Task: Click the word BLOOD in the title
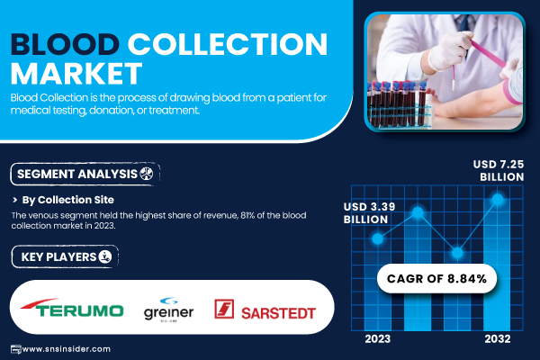pos(65,44)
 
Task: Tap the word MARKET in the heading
pos(76,74)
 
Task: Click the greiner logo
pos(168,310)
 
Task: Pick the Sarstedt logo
pos(265,309)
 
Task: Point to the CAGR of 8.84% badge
pos(436,278)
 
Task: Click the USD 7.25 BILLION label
pos(499,170)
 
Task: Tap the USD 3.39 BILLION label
pos(369,213)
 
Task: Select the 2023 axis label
pos(378,339)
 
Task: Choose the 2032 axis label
pos(498,339)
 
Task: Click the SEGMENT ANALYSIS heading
pos(77,174)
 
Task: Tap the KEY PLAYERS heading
pos(58,257)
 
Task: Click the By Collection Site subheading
pos(67,200)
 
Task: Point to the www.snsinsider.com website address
pos(66,349)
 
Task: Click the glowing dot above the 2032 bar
pos(498,199)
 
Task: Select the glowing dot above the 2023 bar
pos(377,238)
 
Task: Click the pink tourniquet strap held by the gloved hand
pos(487,54)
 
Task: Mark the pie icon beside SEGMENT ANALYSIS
pos(146,174)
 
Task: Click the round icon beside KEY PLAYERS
pos(105,256)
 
